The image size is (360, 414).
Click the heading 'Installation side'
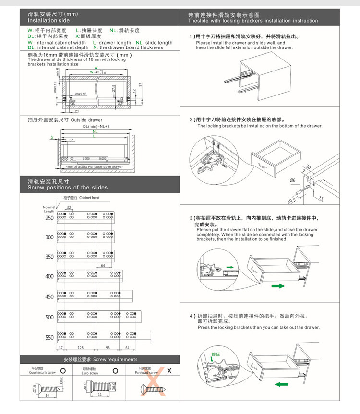click(x=48, y=21)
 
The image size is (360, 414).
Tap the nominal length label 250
click(x=50, y=218)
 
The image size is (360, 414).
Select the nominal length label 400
click(x=50, y=276)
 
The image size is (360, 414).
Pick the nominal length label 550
click(x=50, y=337)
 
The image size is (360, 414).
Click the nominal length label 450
click(x=50, y=296)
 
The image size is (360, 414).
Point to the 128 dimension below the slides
click(x=80, y=347)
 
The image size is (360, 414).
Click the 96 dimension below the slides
click(x=108, y=347)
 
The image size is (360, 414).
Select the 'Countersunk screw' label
click(x=43, y=372)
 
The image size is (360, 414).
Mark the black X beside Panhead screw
click(x=169, y=370)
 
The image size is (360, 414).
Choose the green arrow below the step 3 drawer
click(x=278, y=286)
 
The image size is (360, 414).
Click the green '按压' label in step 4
click(x=215, y=355)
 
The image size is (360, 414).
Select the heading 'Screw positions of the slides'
click(x=67, y=188)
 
